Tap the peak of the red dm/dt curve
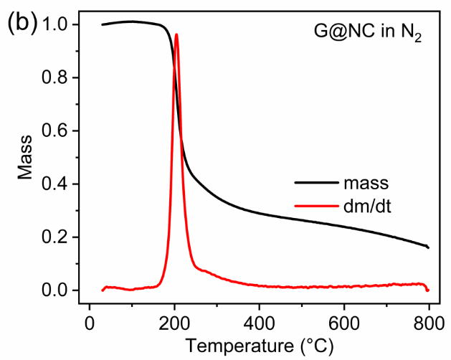click(176, 34)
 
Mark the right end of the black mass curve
click(428, 247)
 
